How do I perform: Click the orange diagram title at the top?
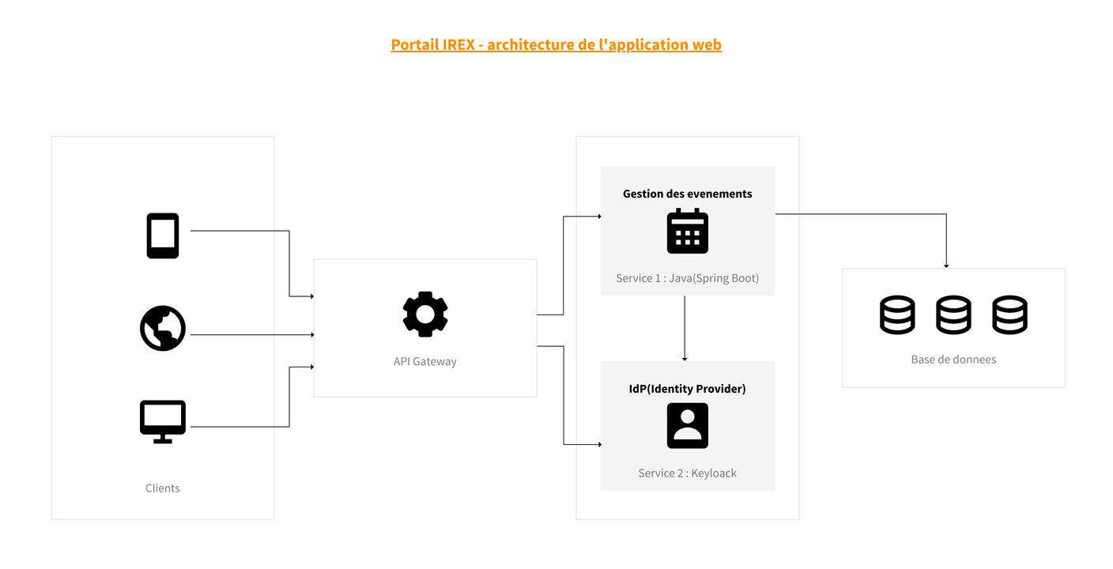tap(556, 45)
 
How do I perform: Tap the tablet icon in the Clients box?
tap(163, 236)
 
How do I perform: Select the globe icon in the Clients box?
tap(163, 328)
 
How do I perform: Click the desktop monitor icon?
tap(163, 422)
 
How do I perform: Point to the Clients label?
tap(163, 488)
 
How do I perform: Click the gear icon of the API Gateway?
tap(425, 314)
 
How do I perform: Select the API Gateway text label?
tap(424, 361)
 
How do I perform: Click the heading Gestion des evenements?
tap(687, 194)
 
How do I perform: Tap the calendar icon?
tap(687, 231)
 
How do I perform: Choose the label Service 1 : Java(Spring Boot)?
tap(687, 278)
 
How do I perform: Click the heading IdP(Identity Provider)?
tap(687, 389)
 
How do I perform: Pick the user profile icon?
tap(687, 425)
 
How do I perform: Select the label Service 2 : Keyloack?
tap(687, 473)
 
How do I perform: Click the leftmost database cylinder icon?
tap(897, 315)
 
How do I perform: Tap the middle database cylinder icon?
tap(953, 315)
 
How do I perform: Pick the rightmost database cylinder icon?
tap(1009, 315)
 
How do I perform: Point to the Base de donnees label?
tap(953, 360)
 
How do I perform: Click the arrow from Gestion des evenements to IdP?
tap(685, 329)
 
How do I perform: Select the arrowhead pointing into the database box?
tap(946, 266)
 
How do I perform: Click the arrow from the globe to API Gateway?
tap(252, 334)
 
